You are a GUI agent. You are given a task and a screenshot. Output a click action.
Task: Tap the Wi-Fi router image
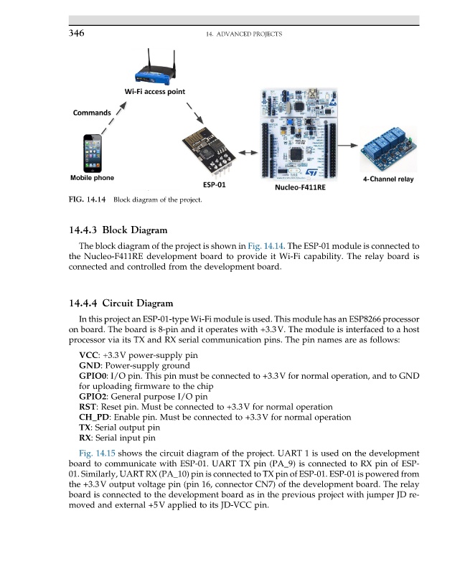click(x=152, y=68)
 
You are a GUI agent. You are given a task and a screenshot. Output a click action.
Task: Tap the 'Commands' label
click(x=91, y=113)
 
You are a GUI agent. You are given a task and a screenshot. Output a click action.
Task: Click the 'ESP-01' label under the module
click(x=214, y=184)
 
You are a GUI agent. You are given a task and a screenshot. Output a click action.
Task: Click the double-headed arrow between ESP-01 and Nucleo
click(x=248, y=153)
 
